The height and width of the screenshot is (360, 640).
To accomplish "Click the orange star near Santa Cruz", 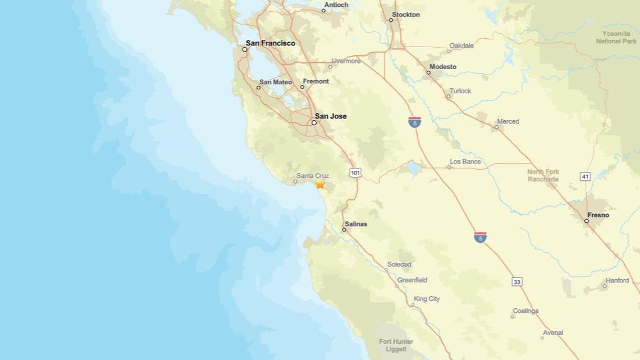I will (x=320, y=184).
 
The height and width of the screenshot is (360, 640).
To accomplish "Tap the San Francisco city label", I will (x=270, y=43).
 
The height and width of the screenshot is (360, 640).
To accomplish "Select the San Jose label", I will (x=331, y=116).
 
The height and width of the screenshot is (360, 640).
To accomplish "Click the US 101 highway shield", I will (x=355, y=172).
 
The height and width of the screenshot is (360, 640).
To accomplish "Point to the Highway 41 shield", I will (x=586, y=176).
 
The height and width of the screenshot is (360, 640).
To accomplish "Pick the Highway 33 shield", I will (x=517, y=281).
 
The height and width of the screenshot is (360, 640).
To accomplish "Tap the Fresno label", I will (x=598, y=215).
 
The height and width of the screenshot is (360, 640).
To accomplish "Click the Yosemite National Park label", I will (x=616, y=38).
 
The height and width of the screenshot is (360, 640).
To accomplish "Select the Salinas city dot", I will (x=344, y=230).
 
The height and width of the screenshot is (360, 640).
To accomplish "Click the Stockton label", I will (x=405, y=15).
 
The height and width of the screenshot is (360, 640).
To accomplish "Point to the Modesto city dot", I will (x=428, y=72).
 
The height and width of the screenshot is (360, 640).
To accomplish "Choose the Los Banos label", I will (x=465, y=162).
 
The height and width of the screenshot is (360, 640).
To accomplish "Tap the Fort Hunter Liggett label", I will (x=396, y=345).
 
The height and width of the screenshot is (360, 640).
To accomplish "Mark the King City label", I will (x=427, y=299).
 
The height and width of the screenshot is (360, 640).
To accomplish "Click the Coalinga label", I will (x=525, y=311).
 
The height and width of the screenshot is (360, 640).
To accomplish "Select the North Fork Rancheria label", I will (x=543, y=175).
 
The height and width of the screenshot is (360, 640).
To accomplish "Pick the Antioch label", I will (x=336, y=5).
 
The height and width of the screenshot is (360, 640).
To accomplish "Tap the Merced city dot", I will (x=496, y=127).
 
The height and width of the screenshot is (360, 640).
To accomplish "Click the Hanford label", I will (x=617, y=281).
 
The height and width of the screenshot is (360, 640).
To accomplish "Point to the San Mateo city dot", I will (x=259, y=88).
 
